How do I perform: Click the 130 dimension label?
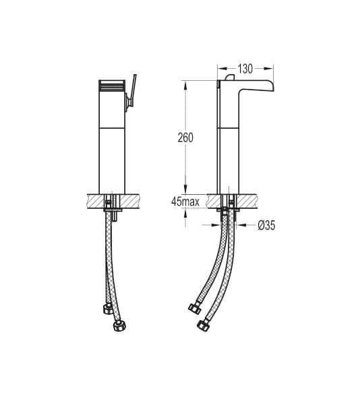coord(245,69)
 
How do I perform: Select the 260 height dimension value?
coord(185,137)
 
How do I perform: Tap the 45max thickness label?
coord(185,202)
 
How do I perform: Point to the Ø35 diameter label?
coord(266,226)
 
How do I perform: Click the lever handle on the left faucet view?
coord(133,90)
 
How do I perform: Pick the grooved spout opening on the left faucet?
coord(112,86)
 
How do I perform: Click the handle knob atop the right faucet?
coord(230,78)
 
